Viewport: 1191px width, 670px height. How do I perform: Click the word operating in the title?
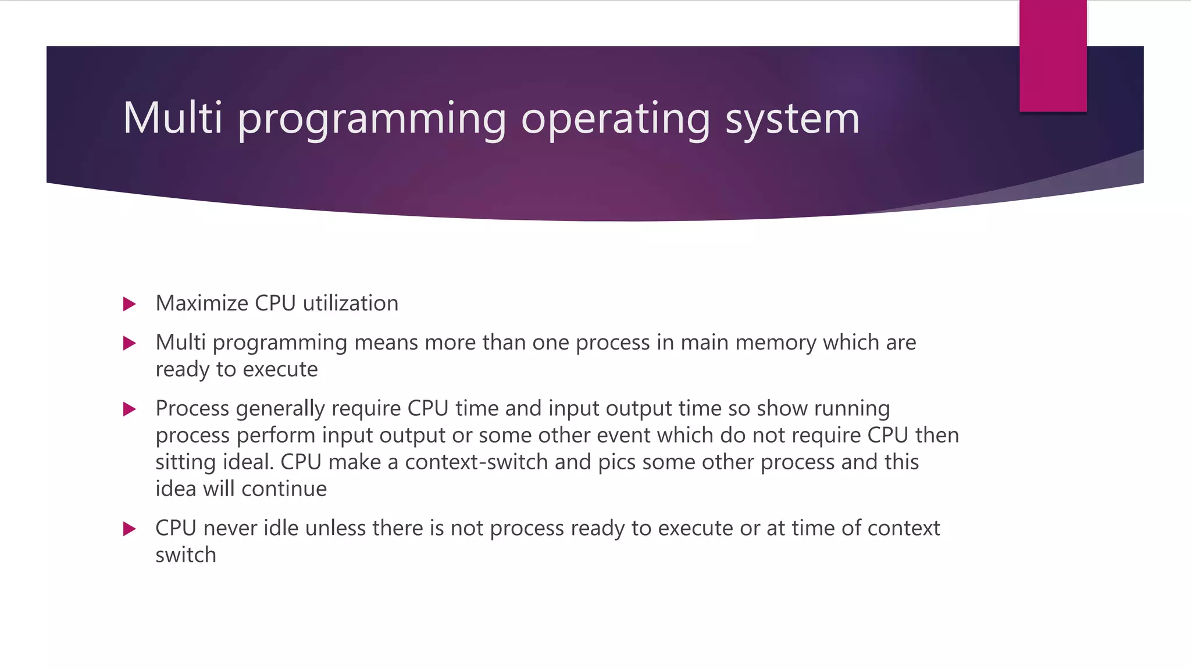coord(615,119)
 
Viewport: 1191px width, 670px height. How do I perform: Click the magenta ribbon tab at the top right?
coord(1053,56)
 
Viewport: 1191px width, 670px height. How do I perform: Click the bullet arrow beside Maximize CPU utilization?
coord(130,304)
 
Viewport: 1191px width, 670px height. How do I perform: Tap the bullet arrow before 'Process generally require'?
coord(130,409)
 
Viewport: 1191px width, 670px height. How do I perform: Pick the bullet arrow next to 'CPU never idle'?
coord(130,529)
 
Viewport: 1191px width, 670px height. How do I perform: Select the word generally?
coord(280,409)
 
